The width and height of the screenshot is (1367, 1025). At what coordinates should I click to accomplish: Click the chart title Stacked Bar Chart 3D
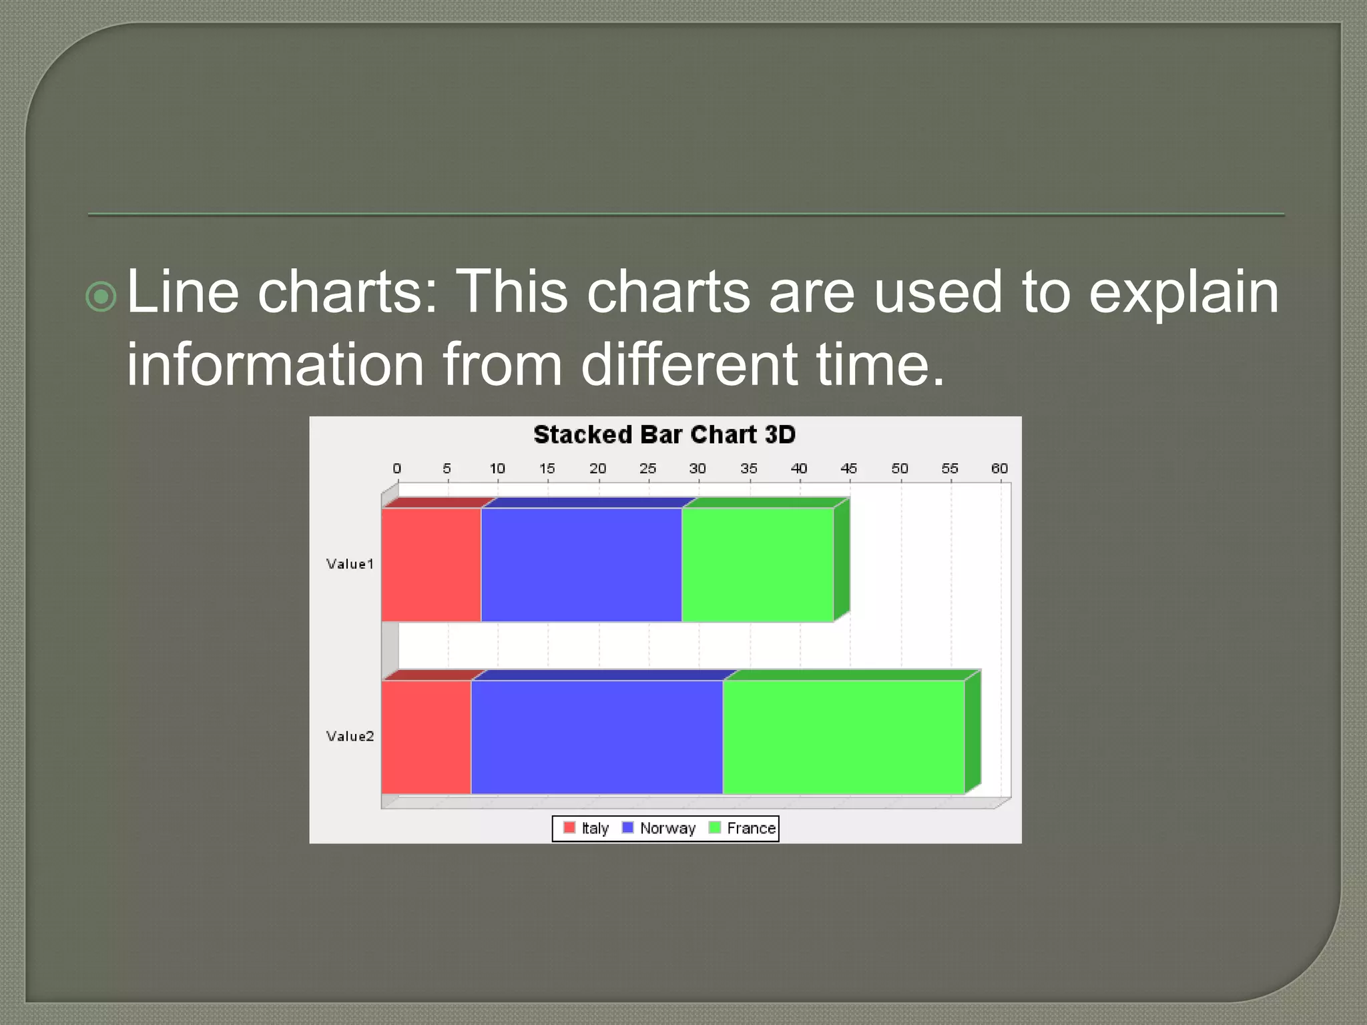click(x=664, y=434)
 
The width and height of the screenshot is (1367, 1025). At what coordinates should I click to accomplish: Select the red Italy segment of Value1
click(x=431, y=565)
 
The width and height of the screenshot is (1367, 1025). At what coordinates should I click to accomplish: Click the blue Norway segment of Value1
click(x=581, y=565)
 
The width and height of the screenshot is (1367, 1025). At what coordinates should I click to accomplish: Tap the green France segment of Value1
click(x=758, y=565)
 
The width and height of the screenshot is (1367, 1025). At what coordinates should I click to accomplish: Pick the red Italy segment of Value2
click(x=426, y=737)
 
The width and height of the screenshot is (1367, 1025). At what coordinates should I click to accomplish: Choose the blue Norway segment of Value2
click(x=597, y=737)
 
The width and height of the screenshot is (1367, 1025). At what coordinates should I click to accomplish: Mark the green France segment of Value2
click(x=844, y=737)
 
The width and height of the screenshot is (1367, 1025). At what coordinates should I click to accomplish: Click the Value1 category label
click(x=350, y=564)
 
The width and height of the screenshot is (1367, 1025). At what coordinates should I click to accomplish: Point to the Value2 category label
click(x=350, y=736)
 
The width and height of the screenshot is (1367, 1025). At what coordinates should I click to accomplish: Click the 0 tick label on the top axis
click(x=397, y=468)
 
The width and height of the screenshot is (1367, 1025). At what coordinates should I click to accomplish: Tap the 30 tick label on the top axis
click(x=698, y=468)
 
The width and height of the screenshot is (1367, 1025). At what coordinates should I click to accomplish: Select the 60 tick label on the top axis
click(x=999, y=468)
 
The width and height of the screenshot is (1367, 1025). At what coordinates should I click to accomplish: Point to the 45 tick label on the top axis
click(x=848, y=468)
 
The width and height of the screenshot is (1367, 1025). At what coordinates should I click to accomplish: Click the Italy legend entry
click(x=587, y=828)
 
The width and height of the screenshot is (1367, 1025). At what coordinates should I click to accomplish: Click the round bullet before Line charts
click(x=101, y=296)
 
